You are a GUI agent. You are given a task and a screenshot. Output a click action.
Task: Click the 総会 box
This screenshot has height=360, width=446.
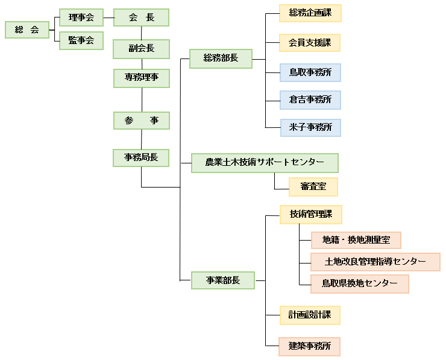tap(27, 30)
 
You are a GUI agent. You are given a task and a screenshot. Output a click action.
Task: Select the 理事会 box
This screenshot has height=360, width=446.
tap(81, 17)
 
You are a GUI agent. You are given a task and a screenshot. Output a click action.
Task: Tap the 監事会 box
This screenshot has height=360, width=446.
tap(81, 40)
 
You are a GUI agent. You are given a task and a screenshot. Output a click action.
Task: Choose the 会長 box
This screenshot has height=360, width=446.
tap(142, 17)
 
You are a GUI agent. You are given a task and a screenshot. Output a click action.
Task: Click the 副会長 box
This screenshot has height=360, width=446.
tap(142, 49)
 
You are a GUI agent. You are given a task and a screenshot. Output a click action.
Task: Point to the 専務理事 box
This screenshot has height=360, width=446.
tap(142, 78)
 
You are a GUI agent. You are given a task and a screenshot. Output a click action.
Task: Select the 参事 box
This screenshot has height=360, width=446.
tap(142, 121)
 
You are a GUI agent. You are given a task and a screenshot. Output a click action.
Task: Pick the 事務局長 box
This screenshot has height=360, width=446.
tap(142, 157)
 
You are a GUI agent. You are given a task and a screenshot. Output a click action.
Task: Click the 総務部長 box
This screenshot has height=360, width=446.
tap(221, 58)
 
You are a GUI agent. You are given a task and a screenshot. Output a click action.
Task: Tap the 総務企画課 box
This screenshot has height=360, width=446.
tap(310, 13)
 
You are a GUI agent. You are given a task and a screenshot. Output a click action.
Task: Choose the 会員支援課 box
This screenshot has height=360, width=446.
tap(310, 42)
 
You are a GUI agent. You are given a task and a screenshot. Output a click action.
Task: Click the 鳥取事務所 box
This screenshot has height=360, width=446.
tap(310, 72)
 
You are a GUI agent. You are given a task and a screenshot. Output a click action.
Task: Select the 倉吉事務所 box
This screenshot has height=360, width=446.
tap(310, 99)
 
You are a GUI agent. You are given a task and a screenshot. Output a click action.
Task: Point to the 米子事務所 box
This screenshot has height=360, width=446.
tap(310, 127)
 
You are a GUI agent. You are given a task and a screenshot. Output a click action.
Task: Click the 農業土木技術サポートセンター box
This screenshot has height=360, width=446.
tap(265, 163)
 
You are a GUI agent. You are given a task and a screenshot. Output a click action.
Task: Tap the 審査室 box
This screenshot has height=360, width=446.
tap(313, 187)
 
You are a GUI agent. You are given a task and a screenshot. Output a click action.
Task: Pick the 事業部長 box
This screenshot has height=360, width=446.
tap(223, 280)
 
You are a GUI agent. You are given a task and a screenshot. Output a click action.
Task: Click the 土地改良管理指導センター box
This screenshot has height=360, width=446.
tap(375, 262)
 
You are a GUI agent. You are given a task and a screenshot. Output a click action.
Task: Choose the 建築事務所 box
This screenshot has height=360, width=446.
tap(310, 346)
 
